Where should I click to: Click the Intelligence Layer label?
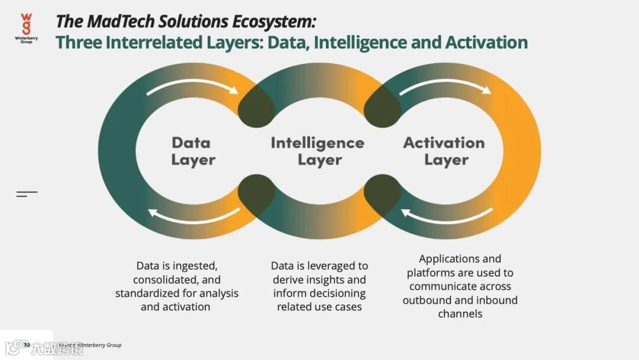click(318, 151)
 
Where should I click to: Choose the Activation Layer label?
click(444, 151)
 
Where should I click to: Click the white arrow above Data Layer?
click(192, 86)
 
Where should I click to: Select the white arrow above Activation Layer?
click(445, 86)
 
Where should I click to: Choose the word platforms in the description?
click(430, 273)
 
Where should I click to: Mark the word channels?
click(460, 314)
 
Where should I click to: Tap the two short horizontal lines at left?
click(27, 194)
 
